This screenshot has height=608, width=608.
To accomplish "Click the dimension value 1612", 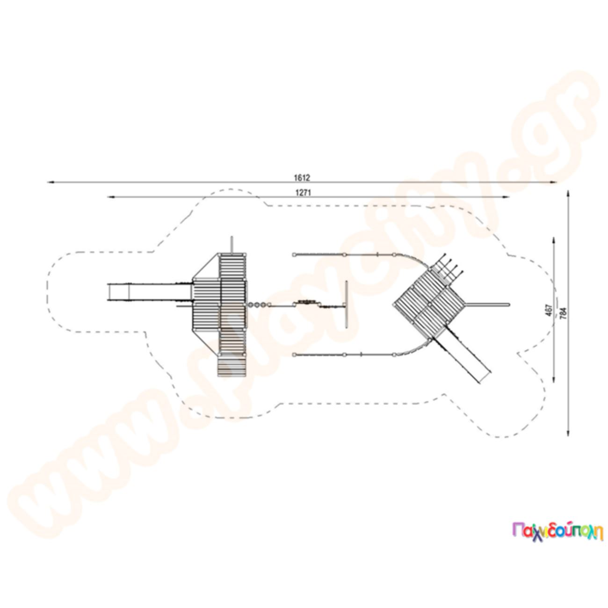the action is [x=302, y=178].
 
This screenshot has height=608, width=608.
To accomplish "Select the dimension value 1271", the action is [x=303, y=193].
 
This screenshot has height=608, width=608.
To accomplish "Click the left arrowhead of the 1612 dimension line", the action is [x=51, y=182].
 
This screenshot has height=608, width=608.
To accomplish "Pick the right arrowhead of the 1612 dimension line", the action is [x=553, y=182].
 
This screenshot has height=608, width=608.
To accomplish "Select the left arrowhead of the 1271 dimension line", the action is [x=111, y=197].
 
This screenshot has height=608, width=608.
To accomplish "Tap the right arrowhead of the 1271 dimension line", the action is [x=506, y=197].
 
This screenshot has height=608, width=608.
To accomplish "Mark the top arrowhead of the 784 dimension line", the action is [x=568, y=194].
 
